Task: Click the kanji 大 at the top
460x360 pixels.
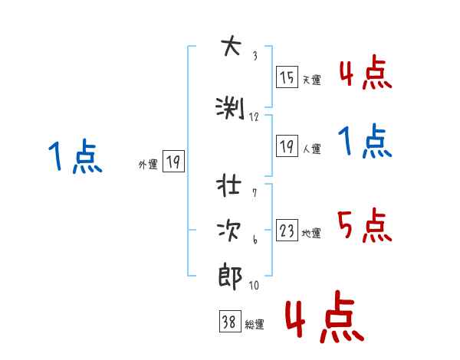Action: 230,48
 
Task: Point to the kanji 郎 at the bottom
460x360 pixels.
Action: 230,276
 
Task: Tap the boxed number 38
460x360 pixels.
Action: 228,322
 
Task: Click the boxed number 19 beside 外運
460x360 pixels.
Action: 173,162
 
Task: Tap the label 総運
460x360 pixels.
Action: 254,325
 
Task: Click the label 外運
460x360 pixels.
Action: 147,164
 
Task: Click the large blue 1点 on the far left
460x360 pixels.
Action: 74,157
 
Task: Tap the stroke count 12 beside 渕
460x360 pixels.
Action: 255,116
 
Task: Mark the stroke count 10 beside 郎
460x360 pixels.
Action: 255,285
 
